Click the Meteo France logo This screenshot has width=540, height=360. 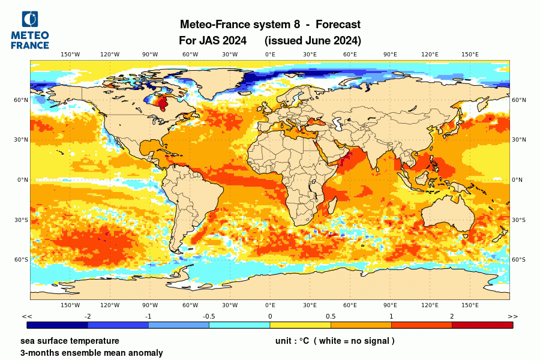coord(29,29)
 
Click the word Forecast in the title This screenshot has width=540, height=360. coord(338,25)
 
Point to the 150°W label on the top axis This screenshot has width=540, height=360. coord(70,55)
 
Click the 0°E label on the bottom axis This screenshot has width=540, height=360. coord(270,305)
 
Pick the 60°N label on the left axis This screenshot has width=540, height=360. coord(22,100)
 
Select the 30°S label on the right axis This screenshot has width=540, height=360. coord(518,220)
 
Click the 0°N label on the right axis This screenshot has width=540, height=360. coord(517,180)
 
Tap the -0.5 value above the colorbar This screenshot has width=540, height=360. coord(209,316)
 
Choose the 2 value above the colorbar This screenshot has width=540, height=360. coord(452,316)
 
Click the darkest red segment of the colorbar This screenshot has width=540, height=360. coord(482,325)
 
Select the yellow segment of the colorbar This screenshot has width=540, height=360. coord(300,325)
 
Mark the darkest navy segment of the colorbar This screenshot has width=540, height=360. coord(58,325)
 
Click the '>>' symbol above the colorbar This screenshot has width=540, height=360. coord(512,316)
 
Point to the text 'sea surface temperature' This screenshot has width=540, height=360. coord(70,341)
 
